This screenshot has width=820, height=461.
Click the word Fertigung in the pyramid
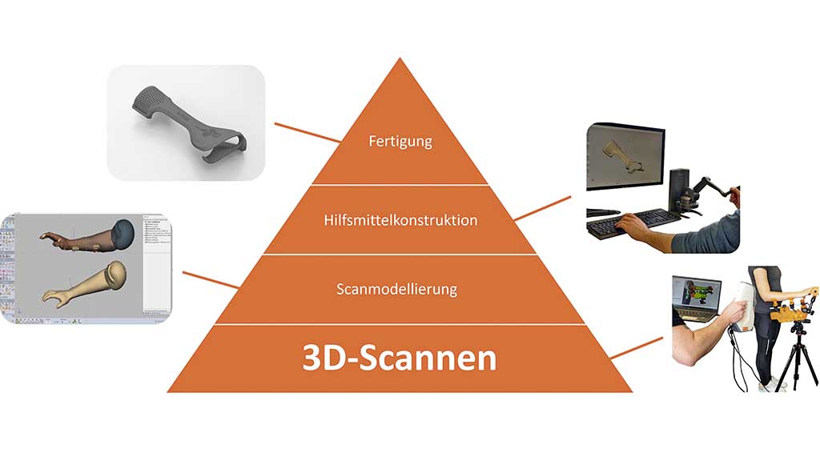click(400, 142)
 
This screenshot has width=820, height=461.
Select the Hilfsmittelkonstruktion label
click(400, 219)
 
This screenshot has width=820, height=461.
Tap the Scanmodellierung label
click(400, 289)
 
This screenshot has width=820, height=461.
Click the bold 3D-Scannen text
click(400, 358)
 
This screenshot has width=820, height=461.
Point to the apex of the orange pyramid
click(400, 61)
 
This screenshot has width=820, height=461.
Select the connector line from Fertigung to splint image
click(308, 133)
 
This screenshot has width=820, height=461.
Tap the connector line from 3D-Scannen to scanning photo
click(637, 347)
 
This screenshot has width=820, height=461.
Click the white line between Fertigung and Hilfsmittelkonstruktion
click(400, 185)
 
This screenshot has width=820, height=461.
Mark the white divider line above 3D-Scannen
click(400, 324)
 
